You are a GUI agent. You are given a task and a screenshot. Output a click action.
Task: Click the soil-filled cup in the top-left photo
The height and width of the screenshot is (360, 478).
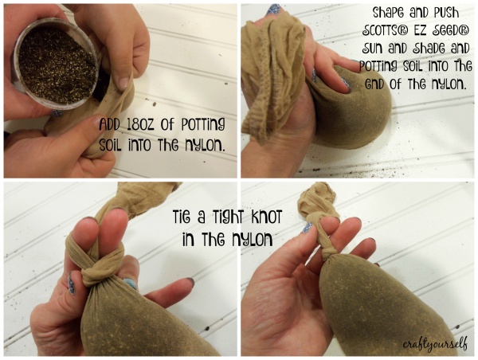[x=56, y=62]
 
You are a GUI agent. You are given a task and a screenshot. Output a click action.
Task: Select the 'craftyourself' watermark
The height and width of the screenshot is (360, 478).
[x=435, y=344]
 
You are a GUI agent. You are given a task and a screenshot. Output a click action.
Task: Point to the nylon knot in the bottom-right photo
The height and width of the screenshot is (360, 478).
[x=328, y=252]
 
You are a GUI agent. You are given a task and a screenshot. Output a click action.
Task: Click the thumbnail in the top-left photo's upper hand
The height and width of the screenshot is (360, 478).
[x=123, y=82]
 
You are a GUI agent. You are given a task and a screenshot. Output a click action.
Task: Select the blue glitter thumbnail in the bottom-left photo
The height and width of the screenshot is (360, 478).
[x=71, y=284]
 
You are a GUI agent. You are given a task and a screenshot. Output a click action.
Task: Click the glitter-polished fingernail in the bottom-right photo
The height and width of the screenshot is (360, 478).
[x=307, y=228]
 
